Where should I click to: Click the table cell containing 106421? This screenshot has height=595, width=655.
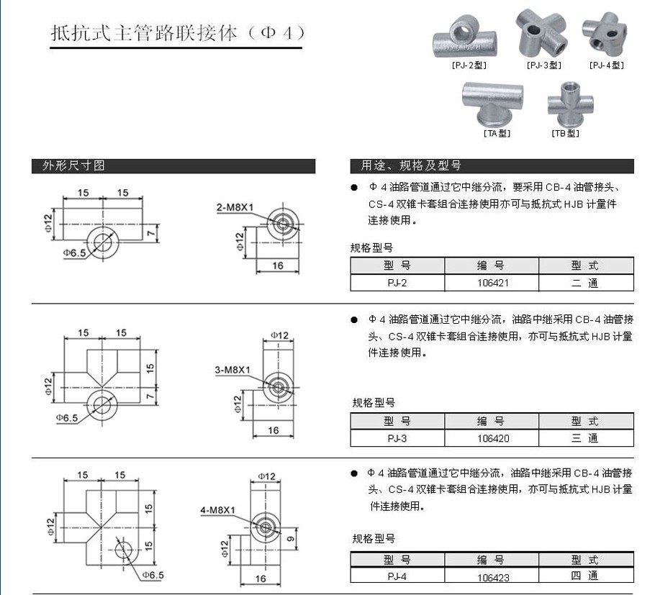(492, 283)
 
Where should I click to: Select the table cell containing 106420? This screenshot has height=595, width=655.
(492, 438)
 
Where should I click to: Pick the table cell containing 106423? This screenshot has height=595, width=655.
(492, 576)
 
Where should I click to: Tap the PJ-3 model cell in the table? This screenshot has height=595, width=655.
(397, 438)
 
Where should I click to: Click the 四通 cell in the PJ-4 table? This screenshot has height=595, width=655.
(586, 576)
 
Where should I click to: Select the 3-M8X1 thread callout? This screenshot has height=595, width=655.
(232, 371)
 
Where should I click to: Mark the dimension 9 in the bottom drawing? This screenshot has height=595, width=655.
(290, 539)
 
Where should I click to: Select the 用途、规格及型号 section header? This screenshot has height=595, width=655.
(410, 165)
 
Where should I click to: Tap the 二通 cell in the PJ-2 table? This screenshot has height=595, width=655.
(586, 283)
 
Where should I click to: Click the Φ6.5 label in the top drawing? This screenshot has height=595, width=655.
(74, 253)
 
